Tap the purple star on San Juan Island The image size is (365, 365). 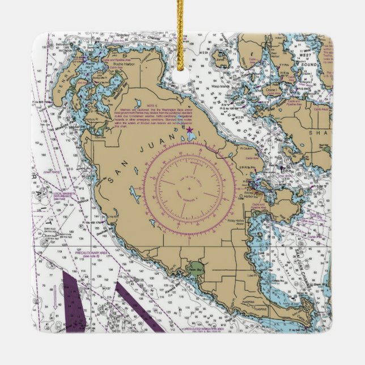(189, 130)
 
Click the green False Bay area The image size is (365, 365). (196, 268)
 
